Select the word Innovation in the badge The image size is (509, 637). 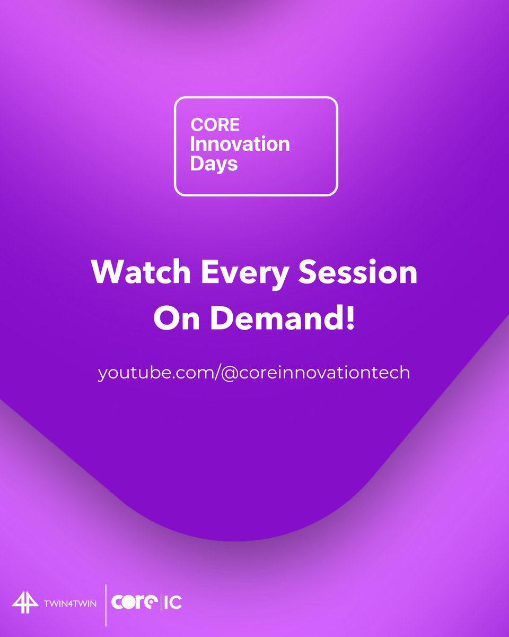click(240, 144)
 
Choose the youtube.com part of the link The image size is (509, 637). click(155, 373)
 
